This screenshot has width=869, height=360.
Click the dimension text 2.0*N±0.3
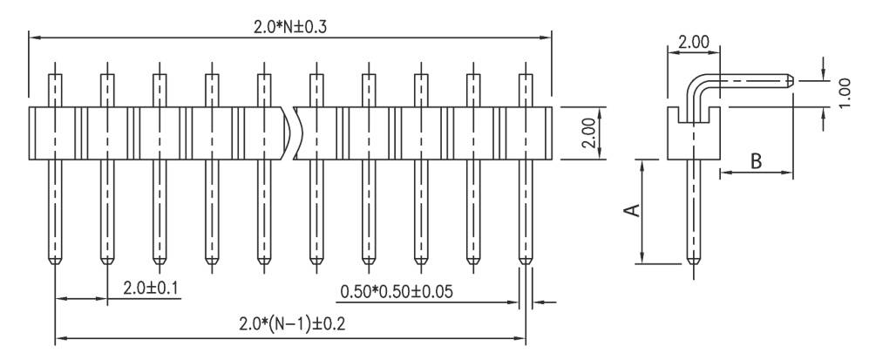click(x=289, y=26)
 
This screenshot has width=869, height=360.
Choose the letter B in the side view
click(x=756, y=160)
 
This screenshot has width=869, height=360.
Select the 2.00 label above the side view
click(x=694, y=42)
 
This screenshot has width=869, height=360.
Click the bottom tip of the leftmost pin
click(x=55, y=262)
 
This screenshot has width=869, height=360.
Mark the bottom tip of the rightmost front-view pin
click(x=526, y=262)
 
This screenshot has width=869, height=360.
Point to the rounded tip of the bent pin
click(x=789, y=81)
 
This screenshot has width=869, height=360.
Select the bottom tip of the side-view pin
click(x=694, y=262)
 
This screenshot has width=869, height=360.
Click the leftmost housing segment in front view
click(x=55, y=133)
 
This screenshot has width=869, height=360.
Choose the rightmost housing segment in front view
click(x=526, y=133)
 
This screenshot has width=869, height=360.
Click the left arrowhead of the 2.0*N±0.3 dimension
click(x=33, y=37)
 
